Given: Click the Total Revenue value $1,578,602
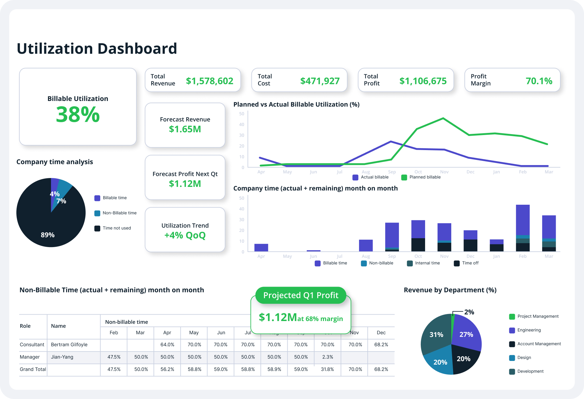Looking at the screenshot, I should click(x=209, y=81).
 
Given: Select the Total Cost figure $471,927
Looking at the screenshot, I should click(x=320, y=81).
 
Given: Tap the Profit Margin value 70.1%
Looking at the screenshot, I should click(x=539, y=81).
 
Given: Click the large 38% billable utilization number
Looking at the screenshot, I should click(x=78, y=114).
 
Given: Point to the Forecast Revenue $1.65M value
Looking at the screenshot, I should click(x=185, y=129).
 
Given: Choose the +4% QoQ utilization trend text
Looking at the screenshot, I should click(x=185, y=235).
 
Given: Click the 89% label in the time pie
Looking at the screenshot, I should click(x=48, y=235).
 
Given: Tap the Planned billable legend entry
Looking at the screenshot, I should click(x=421, y=177).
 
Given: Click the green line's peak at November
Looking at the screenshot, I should click(x=443, y=118).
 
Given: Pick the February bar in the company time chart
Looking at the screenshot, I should click(x=523, y=228).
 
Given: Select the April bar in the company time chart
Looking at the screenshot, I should click(x=261, y=247).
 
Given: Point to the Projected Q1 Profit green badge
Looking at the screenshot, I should click(x=301, y=295).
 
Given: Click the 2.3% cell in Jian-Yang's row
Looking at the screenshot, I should click(x=327, y=357).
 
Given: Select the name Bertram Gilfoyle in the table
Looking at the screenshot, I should click(x=69, y=345).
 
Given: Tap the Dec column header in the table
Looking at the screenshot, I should click(x=381, y=333).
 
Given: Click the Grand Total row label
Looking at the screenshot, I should click(x=33, y=369).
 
